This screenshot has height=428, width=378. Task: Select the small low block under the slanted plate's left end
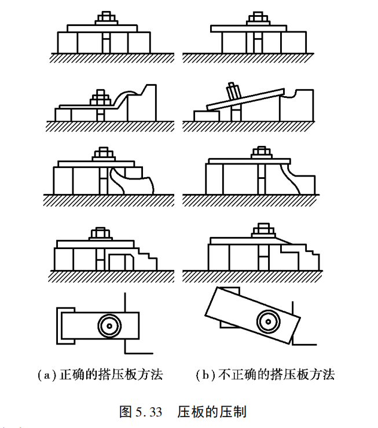coord(206,115)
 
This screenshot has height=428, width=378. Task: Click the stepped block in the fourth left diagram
coord(147,258)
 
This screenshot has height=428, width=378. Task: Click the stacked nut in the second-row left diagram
coord(101,97)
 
